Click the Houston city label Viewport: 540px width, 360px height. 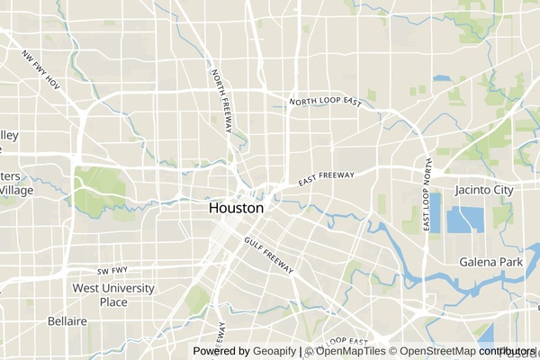236,208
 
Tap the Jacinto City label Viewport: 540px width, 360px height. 483,190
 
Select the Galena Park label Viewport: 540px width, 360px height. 490,262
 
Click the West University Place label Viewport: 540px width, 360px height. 112,295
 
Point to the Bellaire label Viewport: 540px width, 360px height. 67,321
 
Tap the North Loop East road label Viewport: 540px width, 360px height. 325,102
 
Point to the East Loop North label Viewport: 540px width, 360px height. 427,197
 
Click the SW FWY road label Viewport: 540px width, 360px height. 113,270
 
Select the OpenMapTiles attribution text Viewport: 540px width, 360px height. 350,351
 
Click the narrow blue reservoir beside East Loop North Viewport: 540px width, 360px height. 436,213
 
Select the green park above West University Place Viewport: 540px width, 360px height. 198,300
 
